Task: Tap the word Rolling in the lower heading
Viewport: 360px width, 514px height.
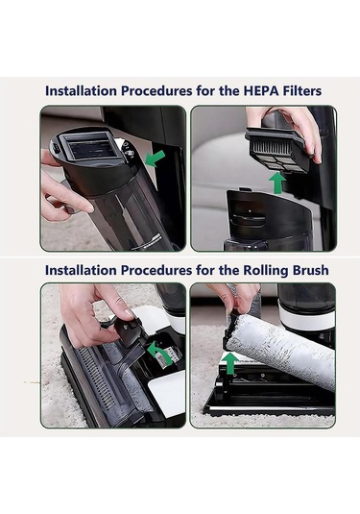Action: [265, 270]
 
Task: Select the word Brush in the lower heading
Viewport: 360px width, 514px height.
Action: [310, 270]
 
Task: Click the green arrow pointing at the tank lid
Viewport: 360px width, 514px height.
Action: [155, 159]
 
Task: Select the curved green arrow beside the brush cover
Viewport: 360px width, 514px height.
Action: [160, 353]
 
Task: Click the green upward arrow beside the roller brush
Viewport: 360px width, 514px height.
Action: [231, 363]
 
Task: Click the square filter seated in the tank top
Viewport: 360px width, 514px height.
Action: [88, 146]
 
